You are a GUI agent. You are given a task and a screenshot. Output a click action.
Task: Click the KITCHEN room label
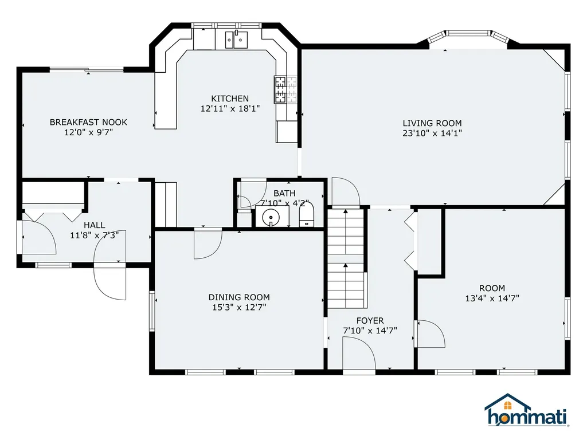(x=230, y=99)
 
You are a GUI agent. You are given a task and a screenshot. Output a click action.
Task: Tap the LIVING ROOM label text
(x=432, y=123)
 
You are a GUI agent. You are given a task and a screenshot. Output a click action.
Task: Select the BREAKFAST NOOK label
(x=88, y=122)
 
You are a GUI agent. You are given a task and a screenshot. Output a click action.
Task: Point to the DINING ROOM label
(x=238, y=297)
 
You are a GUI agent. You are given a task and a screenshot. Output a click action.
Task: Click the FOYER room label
(x=370, y=320)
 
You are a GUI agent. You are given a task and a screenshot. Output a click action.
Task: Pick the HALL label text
(x=94, y=225)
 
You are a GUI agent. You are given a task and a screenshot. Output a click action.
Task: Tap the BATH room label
(x=284, y=194)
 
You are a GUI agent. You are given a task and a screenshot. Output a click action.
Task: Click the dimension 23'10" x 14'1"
(x=432, y=133)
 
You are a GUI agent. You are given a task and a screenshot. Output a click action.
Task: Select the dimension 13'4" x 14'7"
(x=492, y=298)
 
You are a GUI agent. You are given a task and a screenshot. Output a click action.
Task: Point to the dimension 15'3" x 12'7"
(x=238, y=308)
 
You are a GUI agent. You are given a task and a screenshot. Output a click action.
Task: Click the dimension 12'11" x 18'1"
(x=230, y=108)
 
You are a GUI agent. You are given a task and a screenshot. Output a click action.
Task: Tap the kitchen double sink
(x=236, y=39)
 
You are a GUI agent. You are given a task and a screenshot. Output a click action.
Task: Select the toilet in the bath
(x=307, y=217)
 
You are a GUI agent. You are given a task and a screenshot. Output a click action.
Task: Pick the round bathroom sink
(x=270, y=217)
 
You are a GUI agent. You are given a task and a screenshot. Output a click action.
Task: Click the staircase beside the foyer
(x=346, y=258)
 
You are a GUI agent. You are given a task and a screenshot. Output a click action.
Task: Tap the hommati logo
(x=526, y=411)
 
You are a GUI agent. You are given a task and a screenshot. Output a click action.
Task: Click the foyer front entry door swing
(x=358, y=353)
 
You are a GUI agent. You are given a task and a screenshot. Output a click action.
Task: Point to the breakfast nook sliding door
(x=87, y=70)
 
